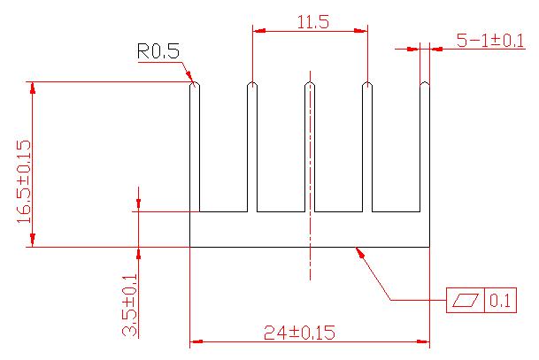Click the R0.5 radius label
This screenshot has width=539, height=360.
(x=158, y=52)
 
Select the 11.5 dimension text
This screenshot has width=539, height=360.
(x=312, y=23)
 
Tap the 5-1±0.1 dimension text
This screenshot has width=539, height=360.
(x=489, y=40)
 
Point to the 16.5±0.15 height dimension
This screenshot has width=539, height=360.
(x=23, y=180)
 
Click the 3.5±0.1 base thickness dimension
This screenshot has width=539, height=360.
(x=129, y=305)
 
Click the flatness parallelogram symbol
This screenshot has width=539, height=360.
(x=465, y=301)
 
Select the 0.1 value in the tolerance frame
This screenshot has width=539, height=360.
(x=500, y=301)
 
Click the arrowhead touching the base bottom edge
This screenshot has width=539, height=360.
(x=359, y=251)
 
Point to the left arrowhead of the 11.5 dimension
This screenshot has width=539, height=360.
(x=258, y=31)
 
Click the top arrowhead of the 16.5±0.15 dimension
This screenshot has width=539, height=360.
(x=33, y=88)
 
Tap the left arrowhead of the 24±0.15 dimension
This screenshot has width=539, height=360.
(x=196, y=341)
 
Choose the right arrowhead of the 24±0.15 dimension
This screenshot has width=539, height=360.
(x=424, y=341)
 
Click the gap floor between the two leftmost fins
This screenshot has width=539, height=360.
(x=223, y=212)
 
